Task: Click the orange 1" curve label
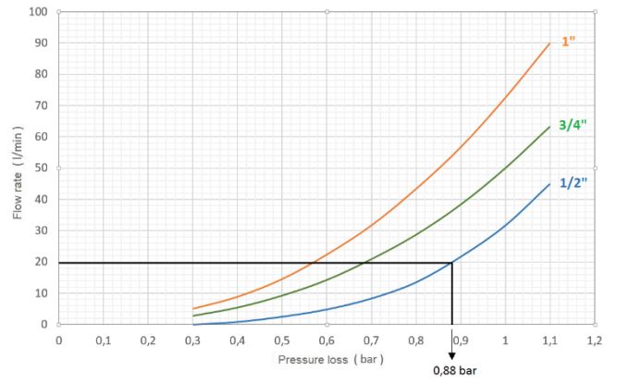pos(569,43)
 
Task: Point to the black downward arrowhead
pos(451,354)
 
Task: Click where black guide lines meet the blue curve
pos(451,263)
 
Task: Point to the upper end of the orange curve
pos(549,43)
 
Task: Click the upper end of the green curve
pos(549,127)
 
